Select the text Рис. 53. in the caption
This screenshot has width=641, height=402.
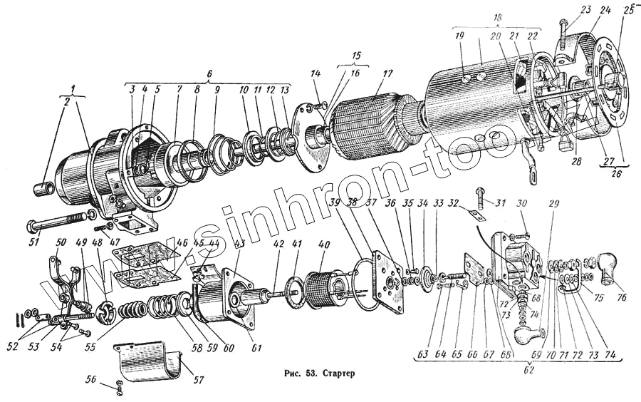(298, 372)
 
